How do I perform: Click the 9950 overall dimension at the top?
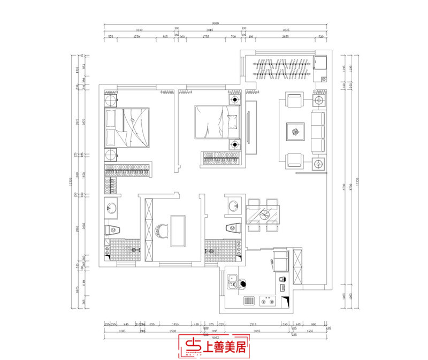[x=216, y=24]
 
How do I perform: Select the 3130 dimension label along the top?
[x=139, y=30]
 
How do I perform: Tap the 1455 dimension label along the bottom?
[x=175, y=324]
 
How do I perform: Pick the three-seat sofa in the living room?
[x=317, y=131]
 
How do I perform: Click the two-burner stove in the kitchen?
[x=268, y=301]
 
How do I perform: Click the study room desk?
[x=178, y=231]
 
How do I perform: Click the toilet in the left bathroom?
[x=113, y=231]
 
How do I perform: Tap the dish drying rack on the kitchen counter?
[x=249, y=301]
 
